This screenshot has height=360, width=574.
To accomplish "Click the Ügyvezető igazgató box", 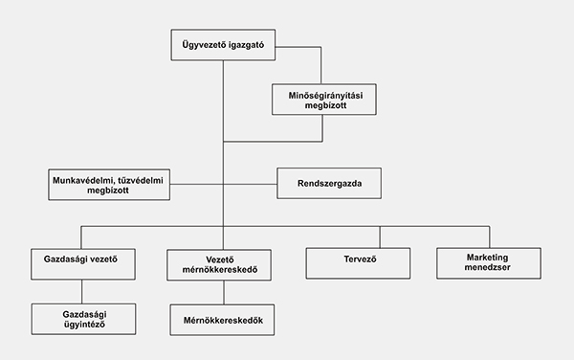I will click(223, 46).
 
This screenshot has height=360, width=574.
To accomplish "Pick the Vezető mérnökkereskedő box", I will click(223, 264).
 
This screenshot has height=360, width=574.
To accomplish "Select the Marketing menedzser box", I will click(489, 263).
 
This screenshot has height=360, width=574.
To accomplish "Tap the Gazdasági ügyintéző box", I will click(81, 319).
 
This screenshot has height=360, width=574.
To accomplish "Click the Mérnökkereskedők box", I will click(223, 320).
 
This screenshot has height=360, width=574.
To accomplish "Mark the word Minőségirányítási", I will click(323, 95).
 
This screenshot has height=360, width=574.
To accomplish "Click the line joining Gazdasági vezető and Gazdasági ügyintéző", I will click(81, 290).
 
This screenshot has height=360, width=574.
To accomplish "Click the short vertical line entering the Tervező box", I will click(380, 236).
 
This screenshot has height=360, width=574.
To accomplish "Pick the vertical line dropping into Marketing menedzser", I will click(489, 236).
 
